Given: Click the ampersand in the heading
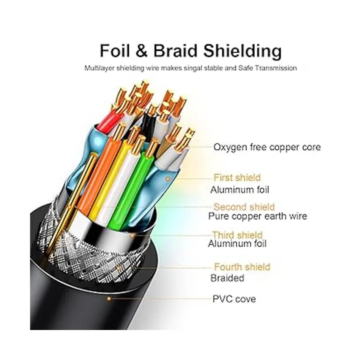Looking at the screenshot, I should (x=141, y=51).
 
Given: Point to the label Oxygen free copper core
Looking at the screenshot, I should (x=267, y=147).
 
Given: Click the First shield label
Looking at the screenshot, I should (x=237, y=178).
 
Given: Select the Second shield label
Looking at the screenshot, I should (x=244, y=207).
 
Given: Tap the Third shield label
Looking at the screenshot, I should (x=237, y=235).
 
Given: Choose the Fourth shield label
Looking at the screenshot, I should (x=242, y=266).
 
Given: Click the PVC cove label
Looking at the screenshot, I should (x=234, y=299).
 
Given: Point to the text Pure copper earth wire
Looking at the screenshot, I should (x=257, y=216).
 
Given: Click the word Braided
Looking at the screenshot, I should (x=227, y=278).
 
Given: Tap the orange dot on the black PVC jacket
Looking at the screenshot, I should (x=109, y=299).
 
